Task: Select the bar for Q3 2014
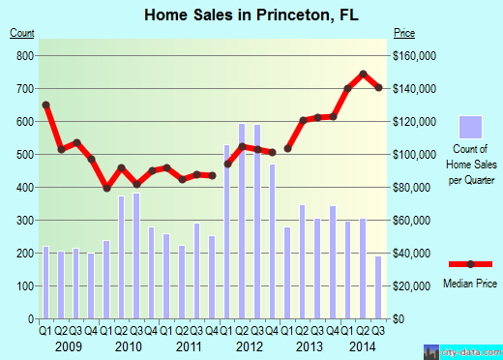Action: point(378,286)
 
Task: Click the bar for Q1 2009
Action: point(45,282)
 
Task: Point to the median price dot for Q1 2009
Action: point(45,105)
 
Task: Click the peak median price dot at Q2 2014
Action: point(363,74)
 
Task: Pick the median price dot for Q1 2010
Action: point(106,188)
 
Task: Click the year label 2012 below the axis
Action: point(250,345)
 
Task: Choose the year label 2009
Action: point(68,345)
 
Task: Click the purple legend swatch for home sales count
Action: point(470,127)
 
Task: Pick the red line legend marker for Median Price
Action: point(471,264)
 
